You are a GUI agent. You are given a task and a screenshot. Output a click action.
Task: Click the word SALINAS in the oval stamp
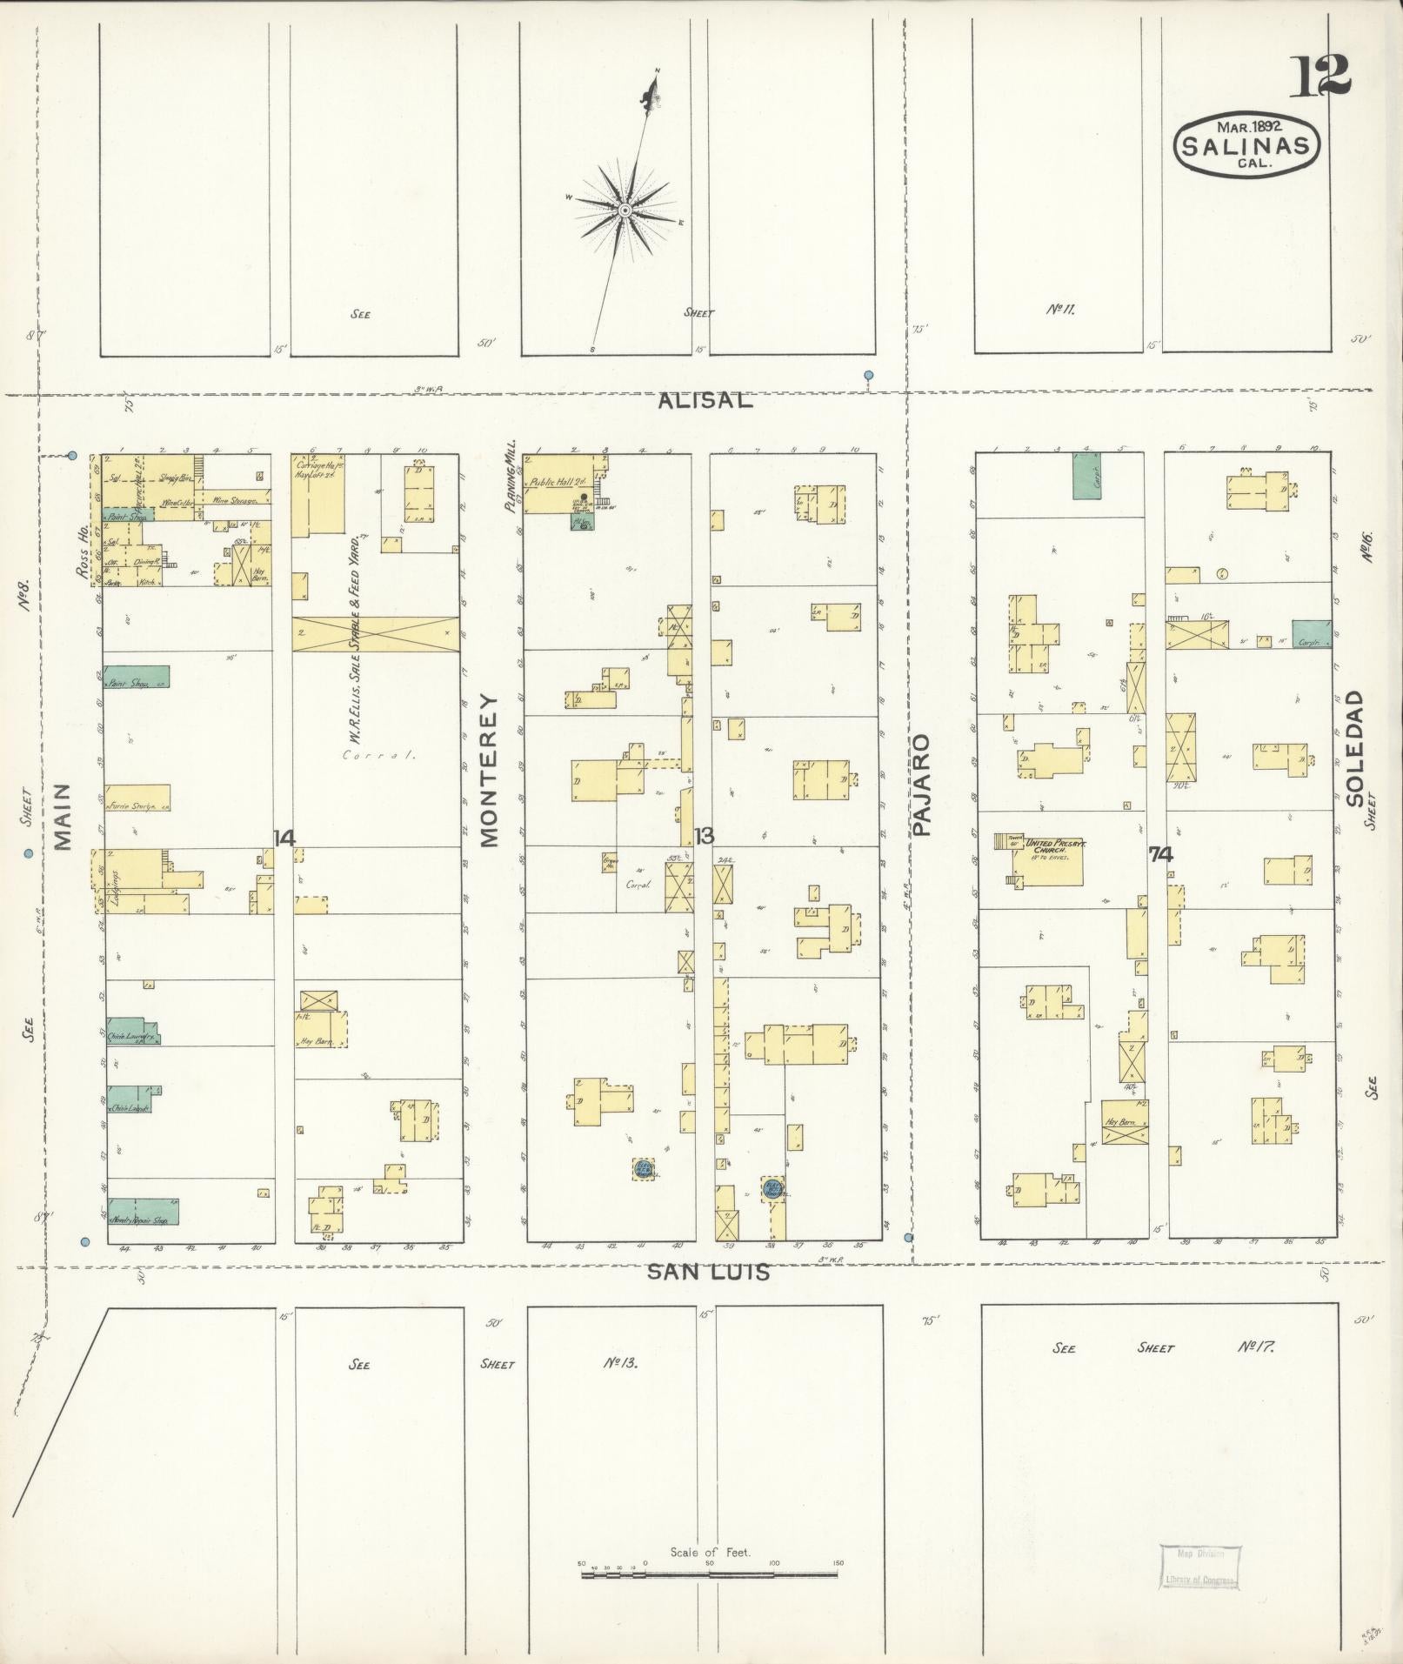click(x=1246, y=144)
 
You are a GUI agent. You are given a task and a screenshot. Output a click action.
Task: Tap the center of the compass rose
click(x=625, y=211)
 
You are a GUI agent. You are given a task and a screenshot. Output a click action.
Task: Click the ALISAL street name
click(x=701, y=400)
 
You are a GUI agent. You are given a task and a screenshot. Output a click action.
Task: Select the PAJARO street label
click(x=922, y=785)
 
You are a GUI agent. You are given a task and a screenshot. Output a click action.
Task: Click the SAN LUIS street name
click(x=708, y=1272)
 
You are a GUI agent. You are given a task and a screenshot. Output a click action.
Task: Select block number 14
click(x=284, y=838)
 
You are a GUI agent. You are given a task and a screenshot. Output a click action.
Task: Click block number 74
click(x=1159, y=854)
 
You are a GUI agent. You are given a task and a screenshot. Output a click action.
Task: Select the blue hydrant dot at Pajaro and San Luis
click(x=908, y=1237)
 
